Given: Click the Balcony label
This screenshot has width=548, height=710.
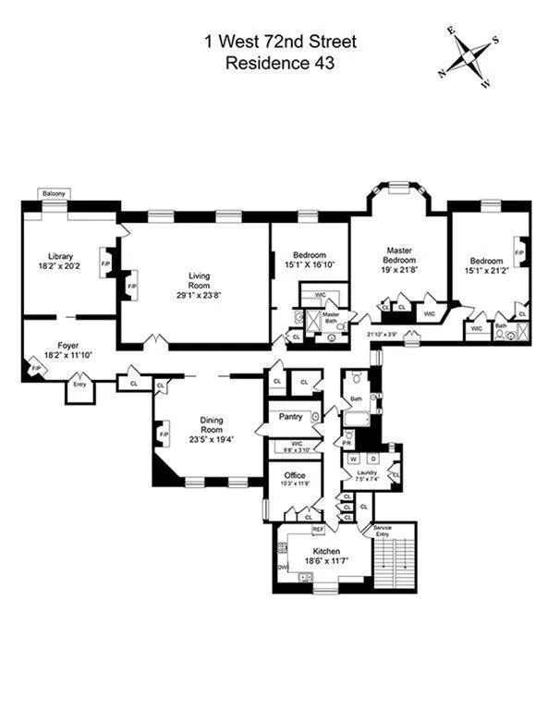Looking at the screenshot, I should click(x=54, y=193).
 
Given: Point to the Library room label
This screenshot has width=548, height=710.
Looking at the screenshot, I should click(x=61, y=256).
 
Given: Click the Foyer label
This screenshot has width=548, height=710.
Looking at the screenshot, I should click(x=63, y=345).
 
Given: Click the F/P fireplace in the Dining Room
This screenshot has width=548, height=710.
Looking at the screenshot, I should click(x=164, y=434).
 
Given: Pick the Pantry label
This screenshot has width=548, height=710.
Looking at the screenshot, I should click(x=291, y=417).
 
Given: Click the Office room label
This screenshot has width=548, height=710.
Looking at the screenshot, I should click(x=294, y=475).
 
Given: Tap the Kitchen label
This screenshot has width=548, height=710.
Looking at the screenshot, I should click(x=320, y=551).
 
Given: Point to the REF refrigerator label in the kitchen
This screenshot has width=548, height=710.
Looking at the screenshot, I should click(x=318, y=530).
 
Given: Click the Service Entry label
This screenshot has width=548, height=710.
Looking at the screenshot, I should click(x=382, y=532).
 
